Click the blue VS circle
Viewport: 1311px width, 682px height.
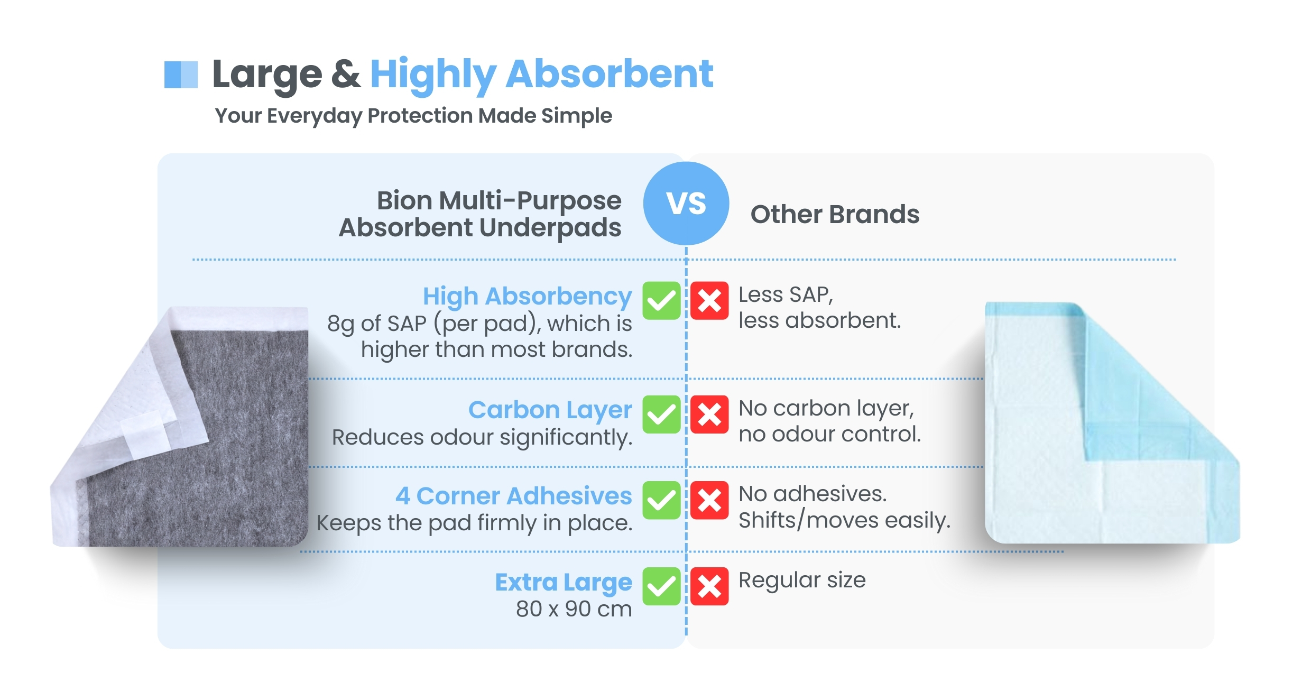686,204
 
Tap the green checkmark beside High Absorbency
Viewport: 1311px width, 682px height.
661,301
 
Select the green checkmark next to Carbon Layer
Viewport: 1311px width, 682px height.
661,414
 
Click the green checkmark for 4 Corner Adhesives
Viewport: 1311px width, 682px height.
661,500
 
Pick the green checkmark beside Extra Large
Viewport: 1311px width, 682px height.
661,586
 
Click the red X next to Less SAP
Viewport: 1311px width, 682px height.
709,301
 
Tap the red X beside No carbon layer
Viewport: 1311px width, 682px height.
709,414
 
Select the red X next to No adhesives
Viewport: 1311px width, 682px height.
709,500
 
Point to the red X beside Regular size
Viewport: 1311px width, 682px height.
709,586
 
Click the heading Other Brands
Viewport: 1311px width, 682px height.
835,214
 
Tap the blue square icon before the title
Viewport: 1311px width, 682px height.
181,75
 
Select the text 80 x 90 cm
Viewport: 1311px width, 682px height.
574,609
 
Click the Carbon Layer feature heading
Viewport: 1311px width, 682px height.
550,410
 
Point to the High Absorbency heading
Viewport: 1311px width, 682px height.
527,297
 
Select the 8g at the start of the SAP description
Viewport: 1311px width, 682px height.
340,324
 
